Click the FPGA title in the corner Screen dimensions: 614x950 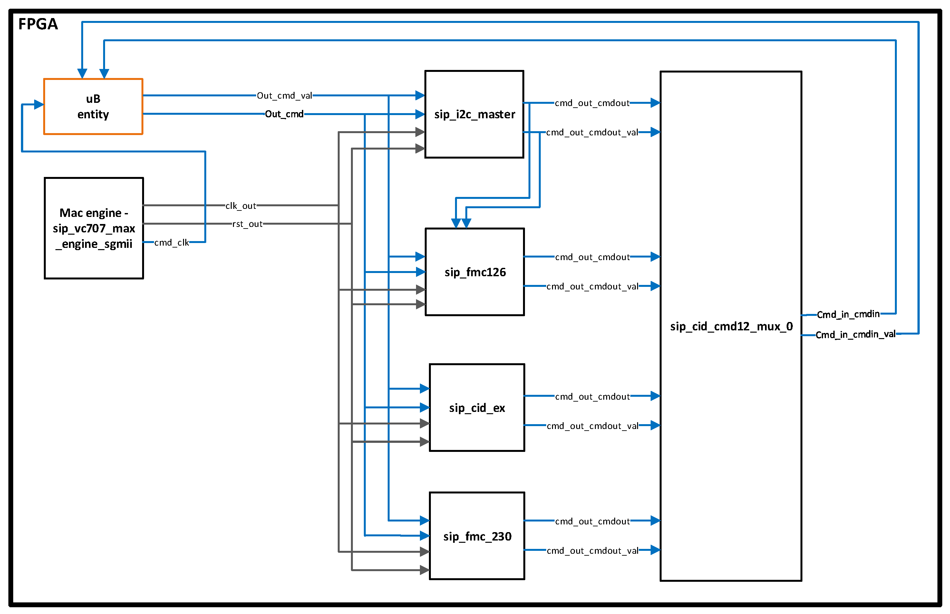pos(38,24)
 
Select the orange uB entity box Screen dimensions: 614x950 pos(93,106)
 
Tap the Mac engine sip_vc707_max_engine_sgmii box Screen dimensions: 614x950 pos(94,228)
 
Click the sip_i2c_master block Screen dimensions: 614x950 pos(474,114)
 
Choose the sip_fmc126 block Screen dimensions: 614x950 pos(475,272)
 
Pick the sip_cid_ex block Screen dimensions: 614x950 pos(477,407)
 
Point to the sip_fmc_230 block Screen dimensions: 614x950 pos(477,536)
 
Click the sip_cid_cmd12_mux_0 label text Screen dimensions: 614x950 pos(731,326)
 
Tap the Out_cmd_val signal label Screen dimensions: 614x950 pos(284,96)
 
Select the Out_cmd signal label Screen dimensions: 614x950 pos(284,114)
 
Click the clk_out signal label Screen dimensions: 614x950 pos(241,206)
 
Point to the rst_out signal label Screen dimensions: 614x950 pos(247,224)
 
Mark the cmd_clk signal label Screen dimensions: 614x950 pos(171,242)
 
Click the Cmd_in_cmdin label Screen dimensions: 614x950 pos(848,314)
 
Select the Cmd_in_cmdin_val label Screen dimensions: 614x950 pos(855,334)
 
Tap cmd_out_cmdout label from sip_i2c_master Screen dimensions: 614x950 pos(592,103)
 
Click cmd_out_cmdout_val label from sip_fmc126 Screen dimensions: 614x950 pos(592,286)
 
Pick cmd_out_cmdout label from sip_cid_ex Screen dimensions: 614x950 pos(592,396)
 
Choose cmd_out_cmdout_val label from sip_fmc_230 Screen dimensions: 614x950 pos(592,551)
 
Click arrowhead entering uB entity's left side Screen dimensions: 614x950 pos(39,104)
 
